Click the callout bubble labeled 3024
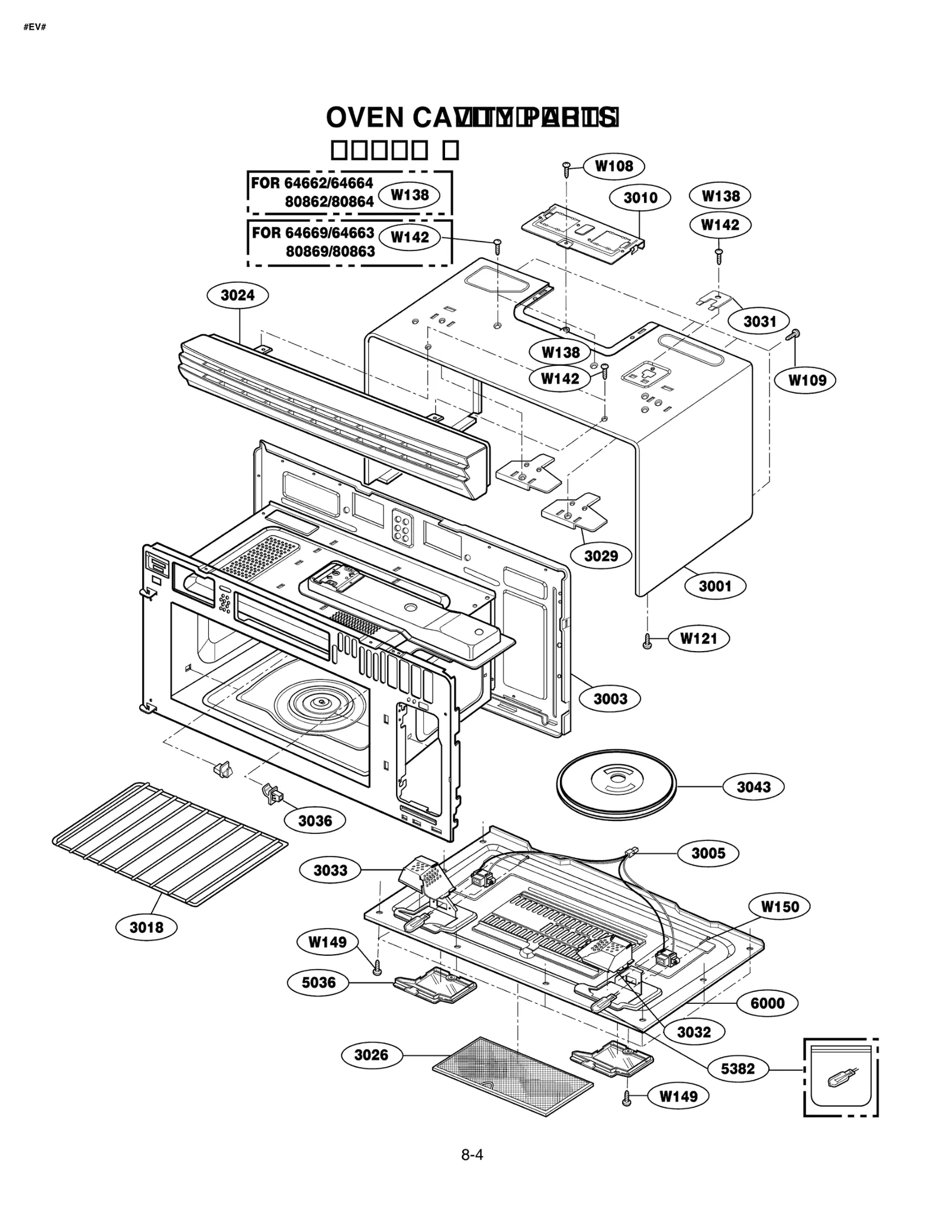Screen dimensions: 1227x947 coord(237,295)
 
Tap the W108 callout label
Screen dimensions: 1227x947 coord(614,166)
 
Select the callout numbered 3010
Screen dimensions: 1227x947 coord(640,197)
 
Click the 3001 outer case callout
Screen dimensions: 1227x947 coord(715,586)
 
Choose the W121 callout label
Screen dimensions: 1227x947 coord(698,638)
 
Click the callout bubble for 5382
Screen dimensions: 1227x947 coord(737,1068)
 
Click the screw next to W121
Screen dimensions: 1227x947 coord(647,641)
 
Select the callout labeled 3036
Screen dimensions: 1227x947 coord(315,820)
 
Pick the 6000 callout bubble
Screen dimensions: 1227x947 coord(767,1003)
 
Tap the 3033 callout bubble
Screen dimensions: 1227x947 coord(330,870)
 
